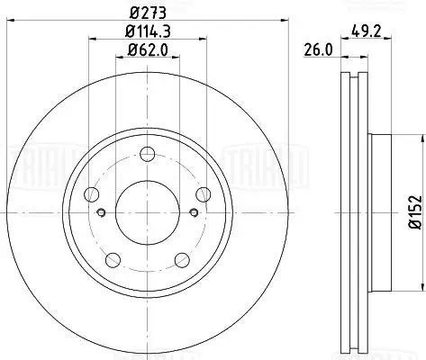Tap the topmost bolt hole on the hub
click(149, 154)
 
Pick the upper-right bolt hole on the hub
click(204, 193)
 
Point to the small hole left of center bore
click(103, 212)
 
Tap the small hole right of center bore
click(195, 212)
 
